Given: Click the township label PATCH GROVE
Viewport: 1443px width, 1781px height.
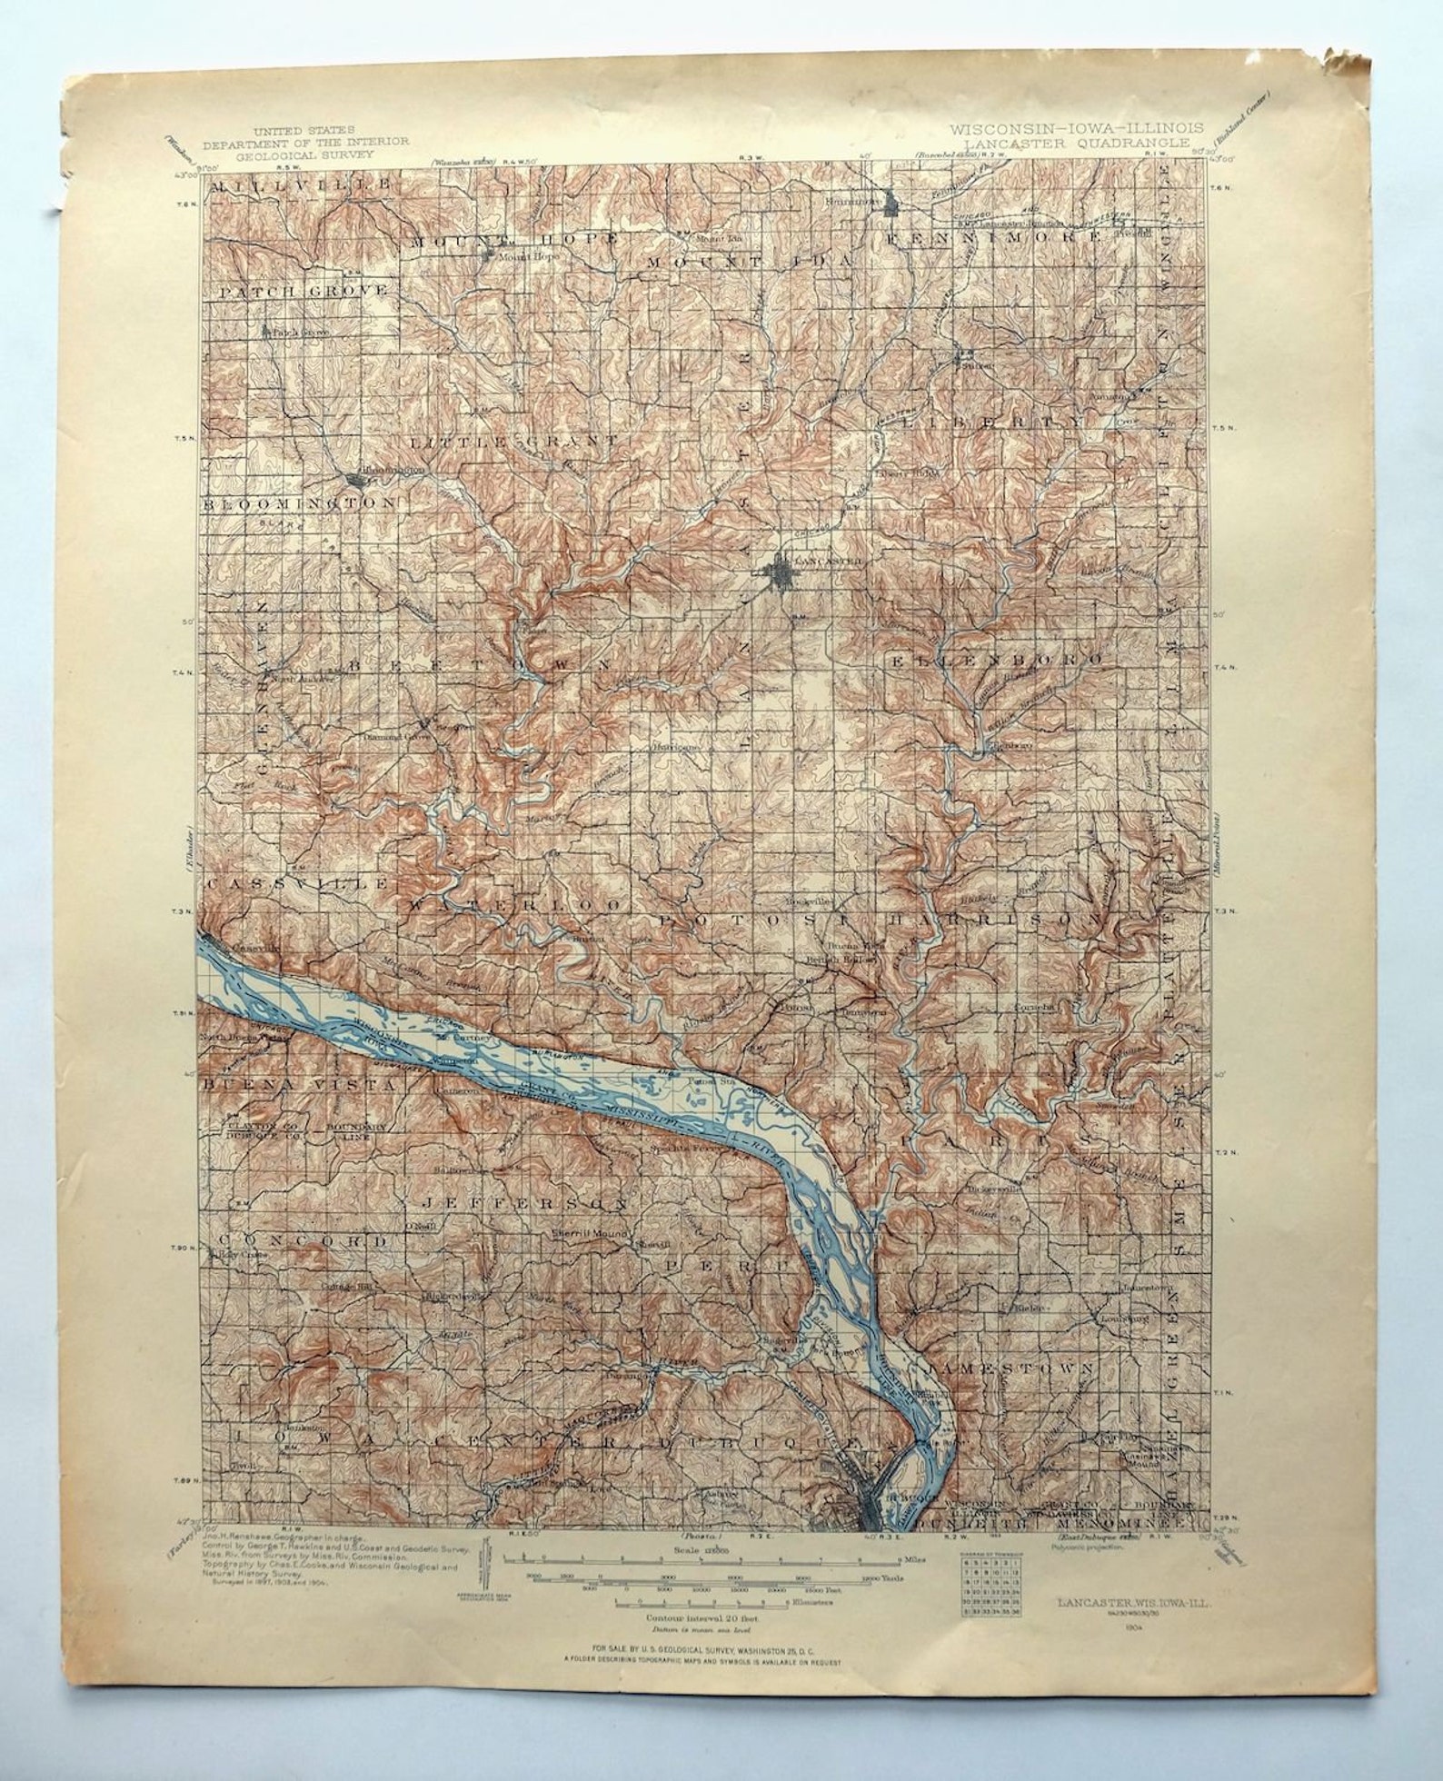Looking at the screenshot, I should (304, 291).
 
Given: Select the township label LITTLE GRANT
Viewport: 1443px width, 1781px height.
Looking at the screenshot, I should (513, 441).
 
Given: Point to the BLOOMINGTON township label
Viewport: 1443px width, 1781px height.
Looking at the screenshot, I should (299, 502).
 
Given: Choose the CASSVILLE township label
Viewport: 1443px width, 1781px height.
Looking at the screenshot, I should (299, 883).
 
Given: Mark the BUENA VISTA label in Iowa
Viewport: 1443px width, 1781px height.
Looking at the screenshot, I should (299, 1085).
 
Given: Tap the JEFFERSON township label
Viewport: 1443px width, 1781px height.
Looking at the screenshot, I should (524, 1202).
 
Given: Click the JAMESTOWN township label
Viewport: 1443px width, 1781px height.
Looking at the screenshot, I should (1009, 1393).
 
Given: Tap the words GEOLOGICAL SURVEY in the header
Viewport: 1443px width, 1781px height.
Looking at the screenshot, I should (305, 154).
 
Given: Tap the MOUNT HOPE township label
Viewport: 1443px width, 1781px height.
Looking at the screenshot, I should (513, 240).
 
